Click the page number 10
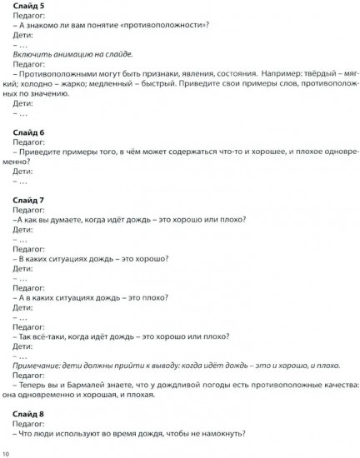click(x=7, y=453)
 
